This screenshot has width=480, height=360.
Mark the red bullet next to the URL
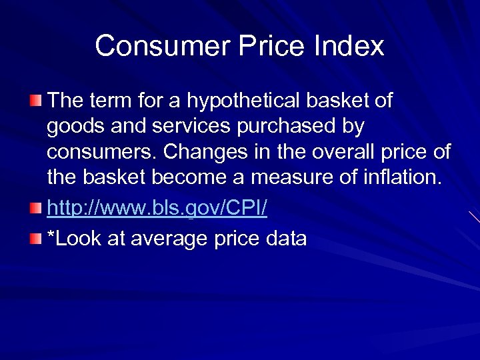click(x=35, y=209)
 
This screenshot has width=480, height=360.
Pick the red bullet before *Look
click(x=35, y=238)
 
